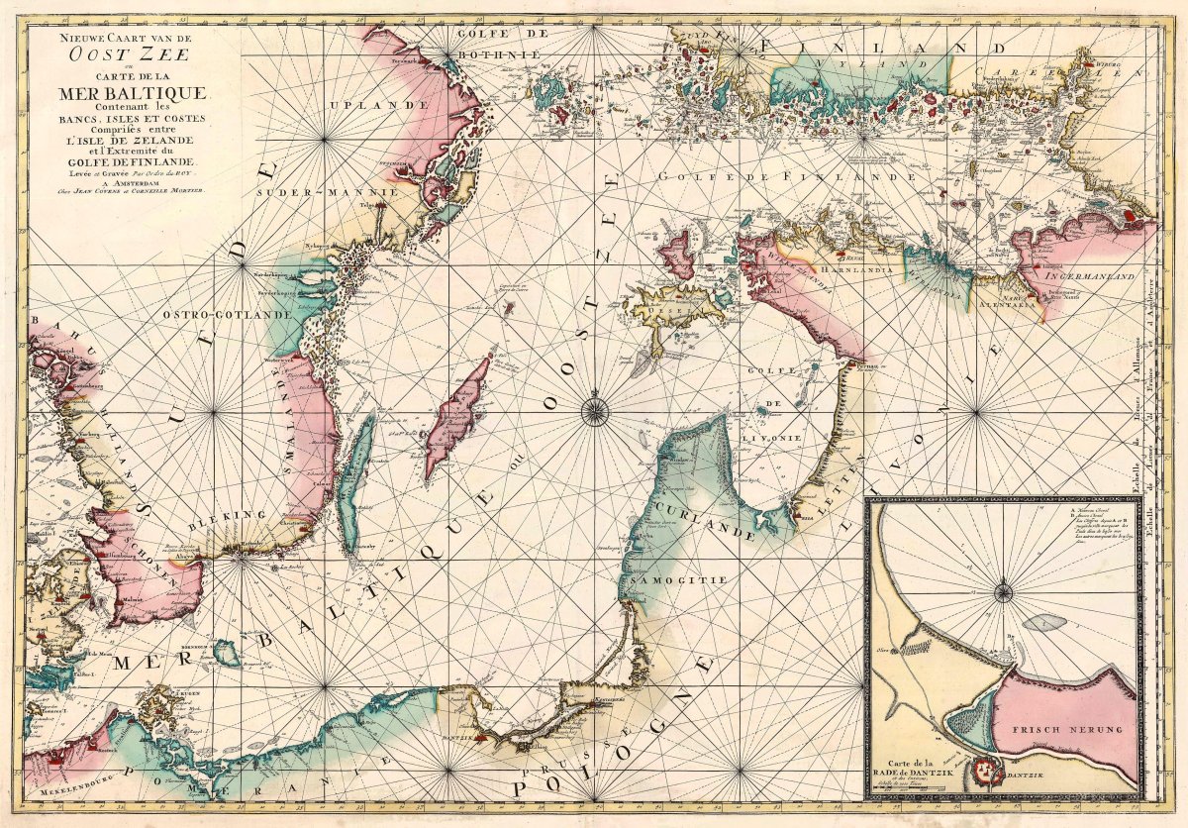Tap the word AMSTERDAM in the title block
coord(115,180)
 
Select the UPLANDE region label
coord(364,105)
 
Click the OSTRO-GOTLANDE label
coord(228,315)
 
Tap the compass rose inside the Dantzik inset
coord(1003,592)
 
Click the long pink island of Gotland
coord(457,418)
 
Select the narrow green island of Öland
coord(355,480)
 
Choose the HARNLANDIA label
coord(861,268)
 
